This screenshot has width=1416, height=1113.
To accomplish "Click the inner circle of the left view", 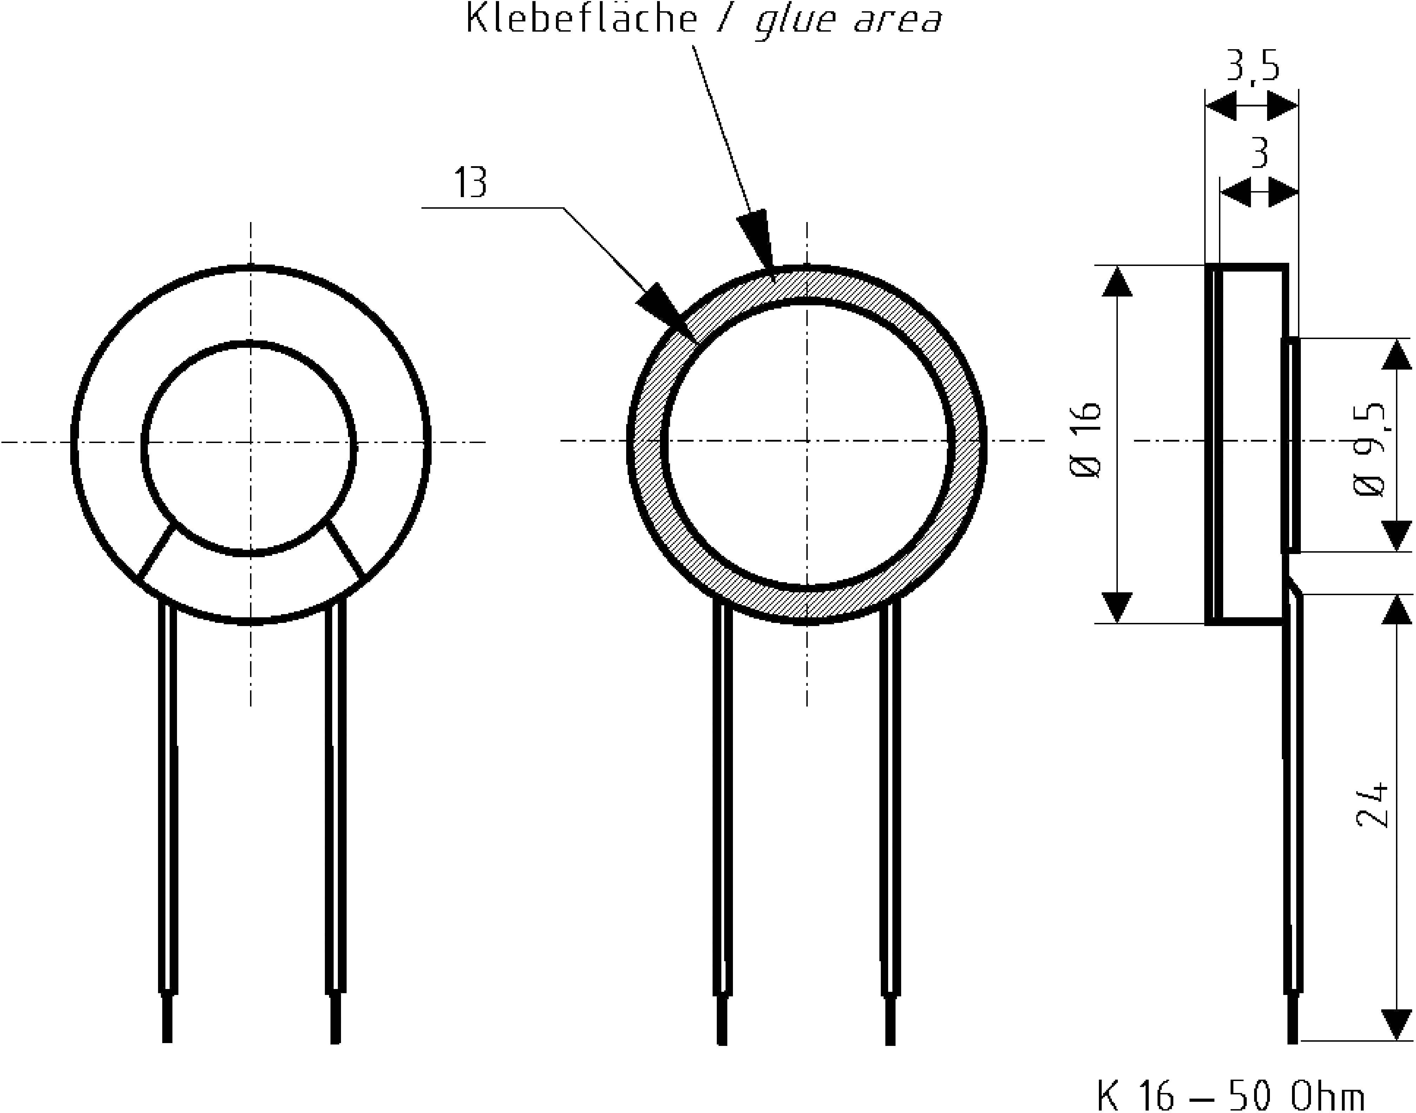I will pos(249,448).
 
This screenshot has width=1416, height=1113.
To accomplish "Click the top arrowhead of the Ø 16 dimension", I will pos(1118,281).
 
